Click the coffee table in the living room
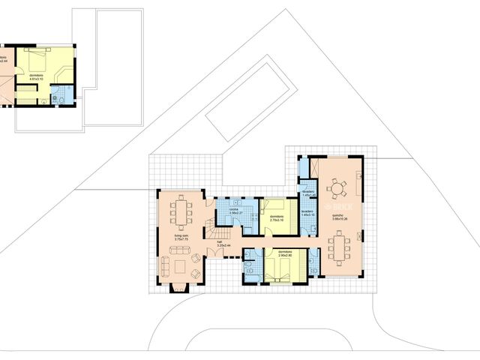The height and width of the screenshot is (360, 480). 181,265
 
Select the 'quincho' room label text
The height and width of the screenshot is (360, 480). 338,216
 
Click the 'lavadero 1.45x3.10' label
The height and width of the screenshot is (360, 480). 307,213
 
